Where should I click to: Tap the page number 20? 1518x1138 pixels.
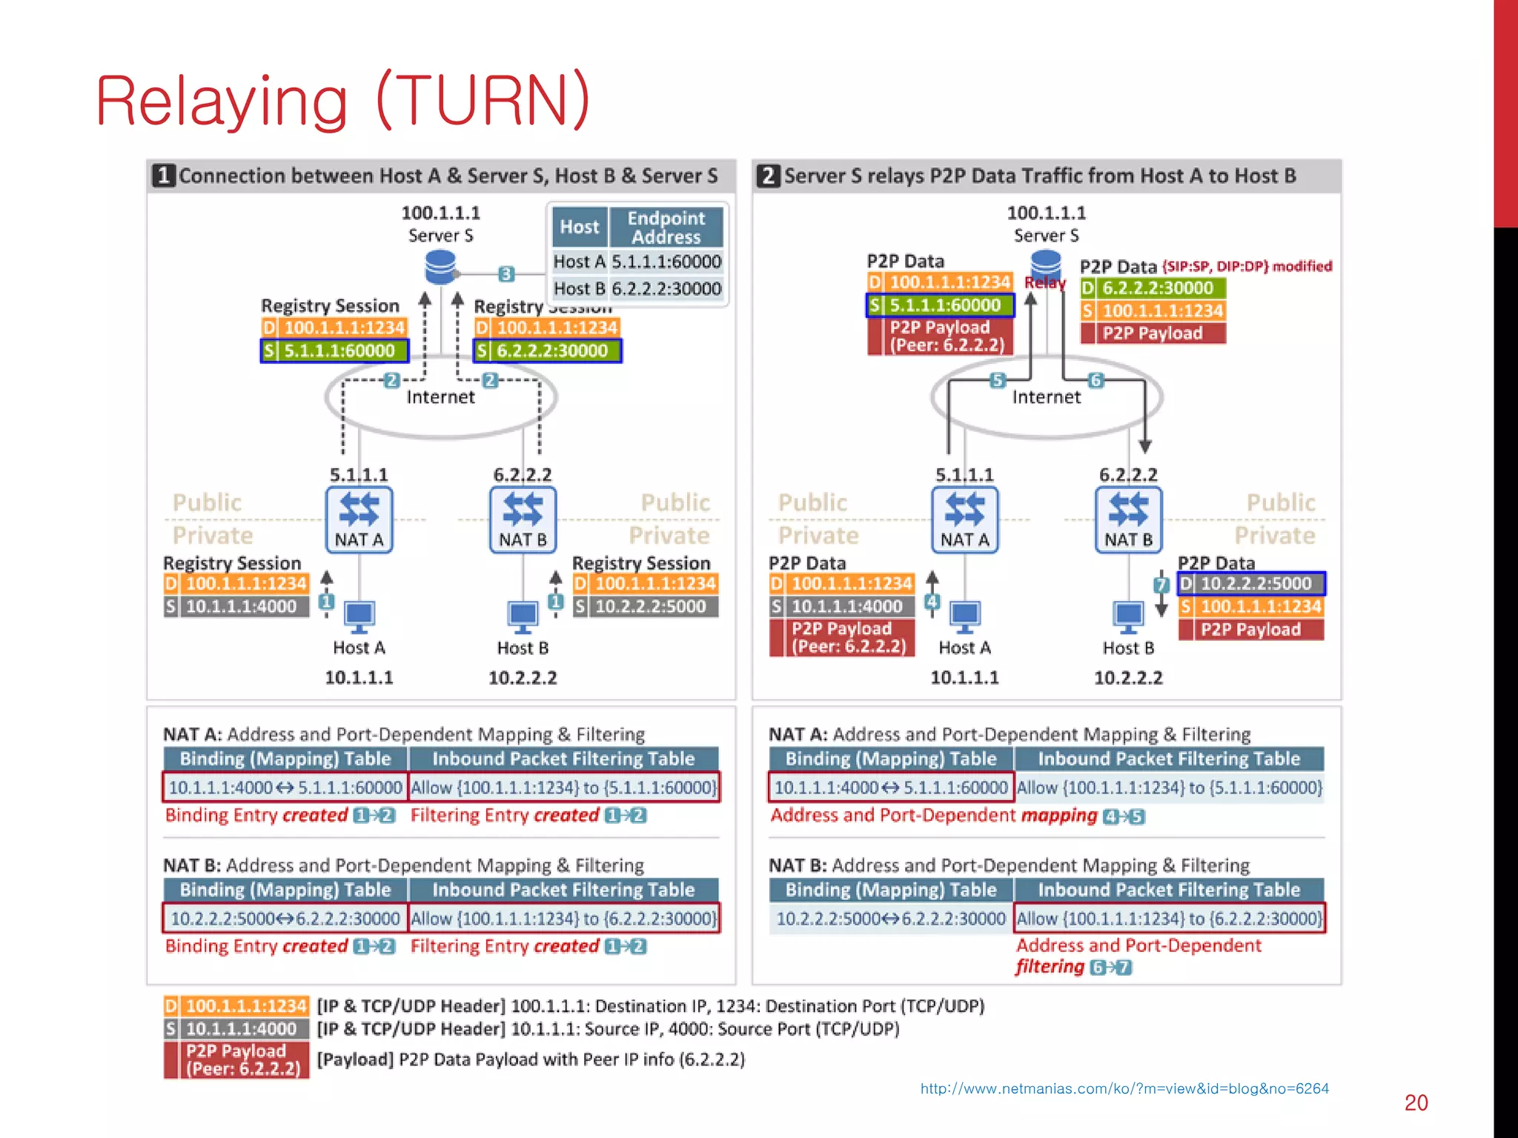(1416, 1102)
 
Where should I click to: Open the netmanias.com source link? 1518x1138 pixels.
(1124, 1088)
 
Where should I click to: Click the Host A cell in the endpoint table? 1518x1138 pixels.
(579, 262)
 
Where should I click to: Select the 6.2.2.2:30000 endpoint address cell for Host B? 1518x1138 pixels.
(666, 288)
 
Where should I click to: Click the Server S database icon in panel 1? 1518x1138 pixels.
(440, 267)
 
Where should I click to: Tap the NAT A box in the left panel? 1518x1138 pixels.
(359, 519)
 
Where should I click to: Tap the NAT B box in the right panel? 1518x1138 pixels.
(1128, 519)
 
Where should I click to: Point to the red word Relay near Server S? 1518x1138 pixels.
(1044, 282)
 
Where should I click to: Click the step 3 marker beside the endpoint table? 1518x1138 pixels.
(506, 273)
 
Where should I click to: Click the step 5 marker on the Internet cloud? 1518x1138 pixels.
(998, 380)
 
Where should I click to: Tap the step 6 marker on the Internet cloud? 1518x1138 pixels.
(1096, 380)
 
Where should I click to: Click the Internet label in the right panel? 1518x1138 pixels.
(1046, 397)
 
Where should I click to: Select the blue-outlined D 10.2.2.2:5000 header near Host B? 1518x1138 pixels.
(1251, 584)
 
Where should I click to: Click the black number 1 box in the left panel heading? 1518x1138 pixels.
(164, 176)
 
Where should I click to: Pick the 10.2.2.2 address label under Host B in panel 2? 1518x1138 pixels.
(1128, 677)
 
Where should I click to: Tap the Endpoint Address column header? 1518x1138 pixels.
(665, 227)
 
